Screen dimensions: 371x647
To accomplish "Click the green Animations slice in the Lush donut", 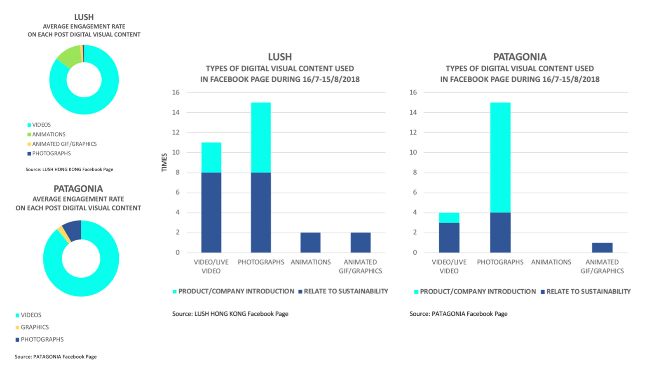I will pyautogui.click(x=69, y=57).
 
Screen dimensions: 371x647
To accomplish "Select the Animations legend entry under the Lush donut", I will pyautogui.click(x=49, y=135).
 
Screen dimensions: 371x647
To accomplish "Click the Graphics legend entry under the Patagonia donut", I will pyautogui.click(x=34, y=327).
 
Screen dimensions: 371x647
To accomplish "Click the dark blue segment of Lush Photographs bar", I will pyautogui.click(x=261, y=212).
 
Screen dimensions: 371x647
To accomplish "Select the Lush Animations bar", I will pyautogui.click(x=310, y=243).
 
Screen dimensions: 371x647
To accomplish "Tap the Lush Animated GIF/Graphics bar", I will pyautogui.click(x=360, y=243).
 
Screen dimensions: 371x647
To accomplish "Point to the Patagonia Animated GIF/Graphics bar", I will pyautogui.click(x=602, y=248).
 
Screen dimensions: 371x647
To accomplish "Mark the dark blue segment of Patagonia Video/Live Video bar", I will pyautogui.click(x=449, y=238).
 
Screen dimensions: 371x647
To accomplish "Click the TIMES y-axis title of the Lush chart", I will pyautogui.click(x=164, y=163).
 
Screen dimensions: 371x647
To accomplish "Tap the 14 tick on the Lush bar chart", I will pyautogui.click(x=176, y=112).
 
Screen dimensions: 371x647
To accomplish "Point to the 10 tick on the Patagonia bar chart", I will pyautogui.click(x=413, y=152).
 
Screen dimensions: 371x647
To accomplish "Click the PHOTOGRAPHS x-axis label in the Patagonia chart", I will pyautogui.click(x=500, y=262).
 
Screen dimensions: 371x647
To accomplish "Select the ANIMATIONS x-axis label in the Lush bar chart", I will pyautogui.click(x=310, y=262).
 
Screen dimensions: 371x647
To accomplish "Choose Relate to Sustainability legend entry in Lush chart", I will pyautogui.click(x=345, y=291).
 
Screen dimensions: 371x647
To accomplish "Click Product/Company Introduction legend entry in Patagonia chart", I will pyautogui.click(x=477, y=292).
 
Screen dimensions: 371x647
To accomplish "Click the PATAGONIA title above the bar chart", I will pyautogui.click(x=520, y=57).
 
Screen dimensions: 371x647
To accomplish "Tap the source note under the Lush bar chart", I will pyautogui.click(x=230, y=314).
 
